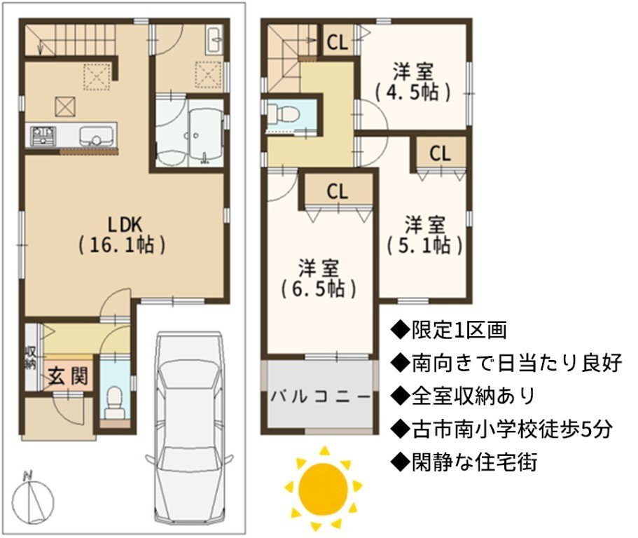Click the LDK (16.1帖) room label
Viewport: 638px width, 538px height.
tap(122, 235)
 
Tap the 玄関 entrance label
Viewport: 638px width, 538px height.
tap(68, 376)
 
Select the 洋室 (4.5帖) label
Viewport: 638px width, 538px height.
tap(412, 82)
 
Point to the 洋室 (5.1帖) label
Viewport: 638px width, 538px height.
tap(424, 235)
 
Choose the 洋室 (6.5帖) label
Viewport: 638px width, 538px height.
tap(319, 278)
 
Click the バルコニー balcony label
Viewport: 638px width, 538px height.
tap(321, 396)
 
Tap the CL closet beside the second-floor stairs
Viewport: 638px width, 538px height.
tap(338, 41)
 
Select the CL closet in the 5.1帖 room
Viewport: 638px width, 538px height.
tap(441, 153)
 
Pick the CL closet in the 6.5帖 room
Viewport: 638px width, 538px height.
tap(338, 191)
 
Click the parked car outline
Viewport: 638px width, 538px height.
tap(189, 427)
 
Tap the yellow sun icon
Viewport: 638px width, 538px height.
tap(323, 488)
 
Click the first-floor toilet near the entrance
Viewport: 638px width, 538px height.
tap(113, 403)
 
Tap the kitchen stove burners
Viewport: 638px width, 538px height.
tap(43, 135)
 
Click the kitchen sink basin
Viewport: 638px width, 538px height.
tap(96, 135)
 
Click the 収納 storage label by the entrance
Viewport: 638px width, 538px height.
tap(31, 357)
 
